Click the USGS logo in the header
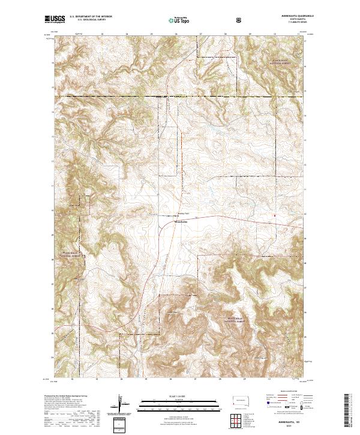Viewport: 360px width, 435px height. click(55, 20)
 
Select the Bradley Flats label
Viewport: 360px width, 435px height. click(184, 212)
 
